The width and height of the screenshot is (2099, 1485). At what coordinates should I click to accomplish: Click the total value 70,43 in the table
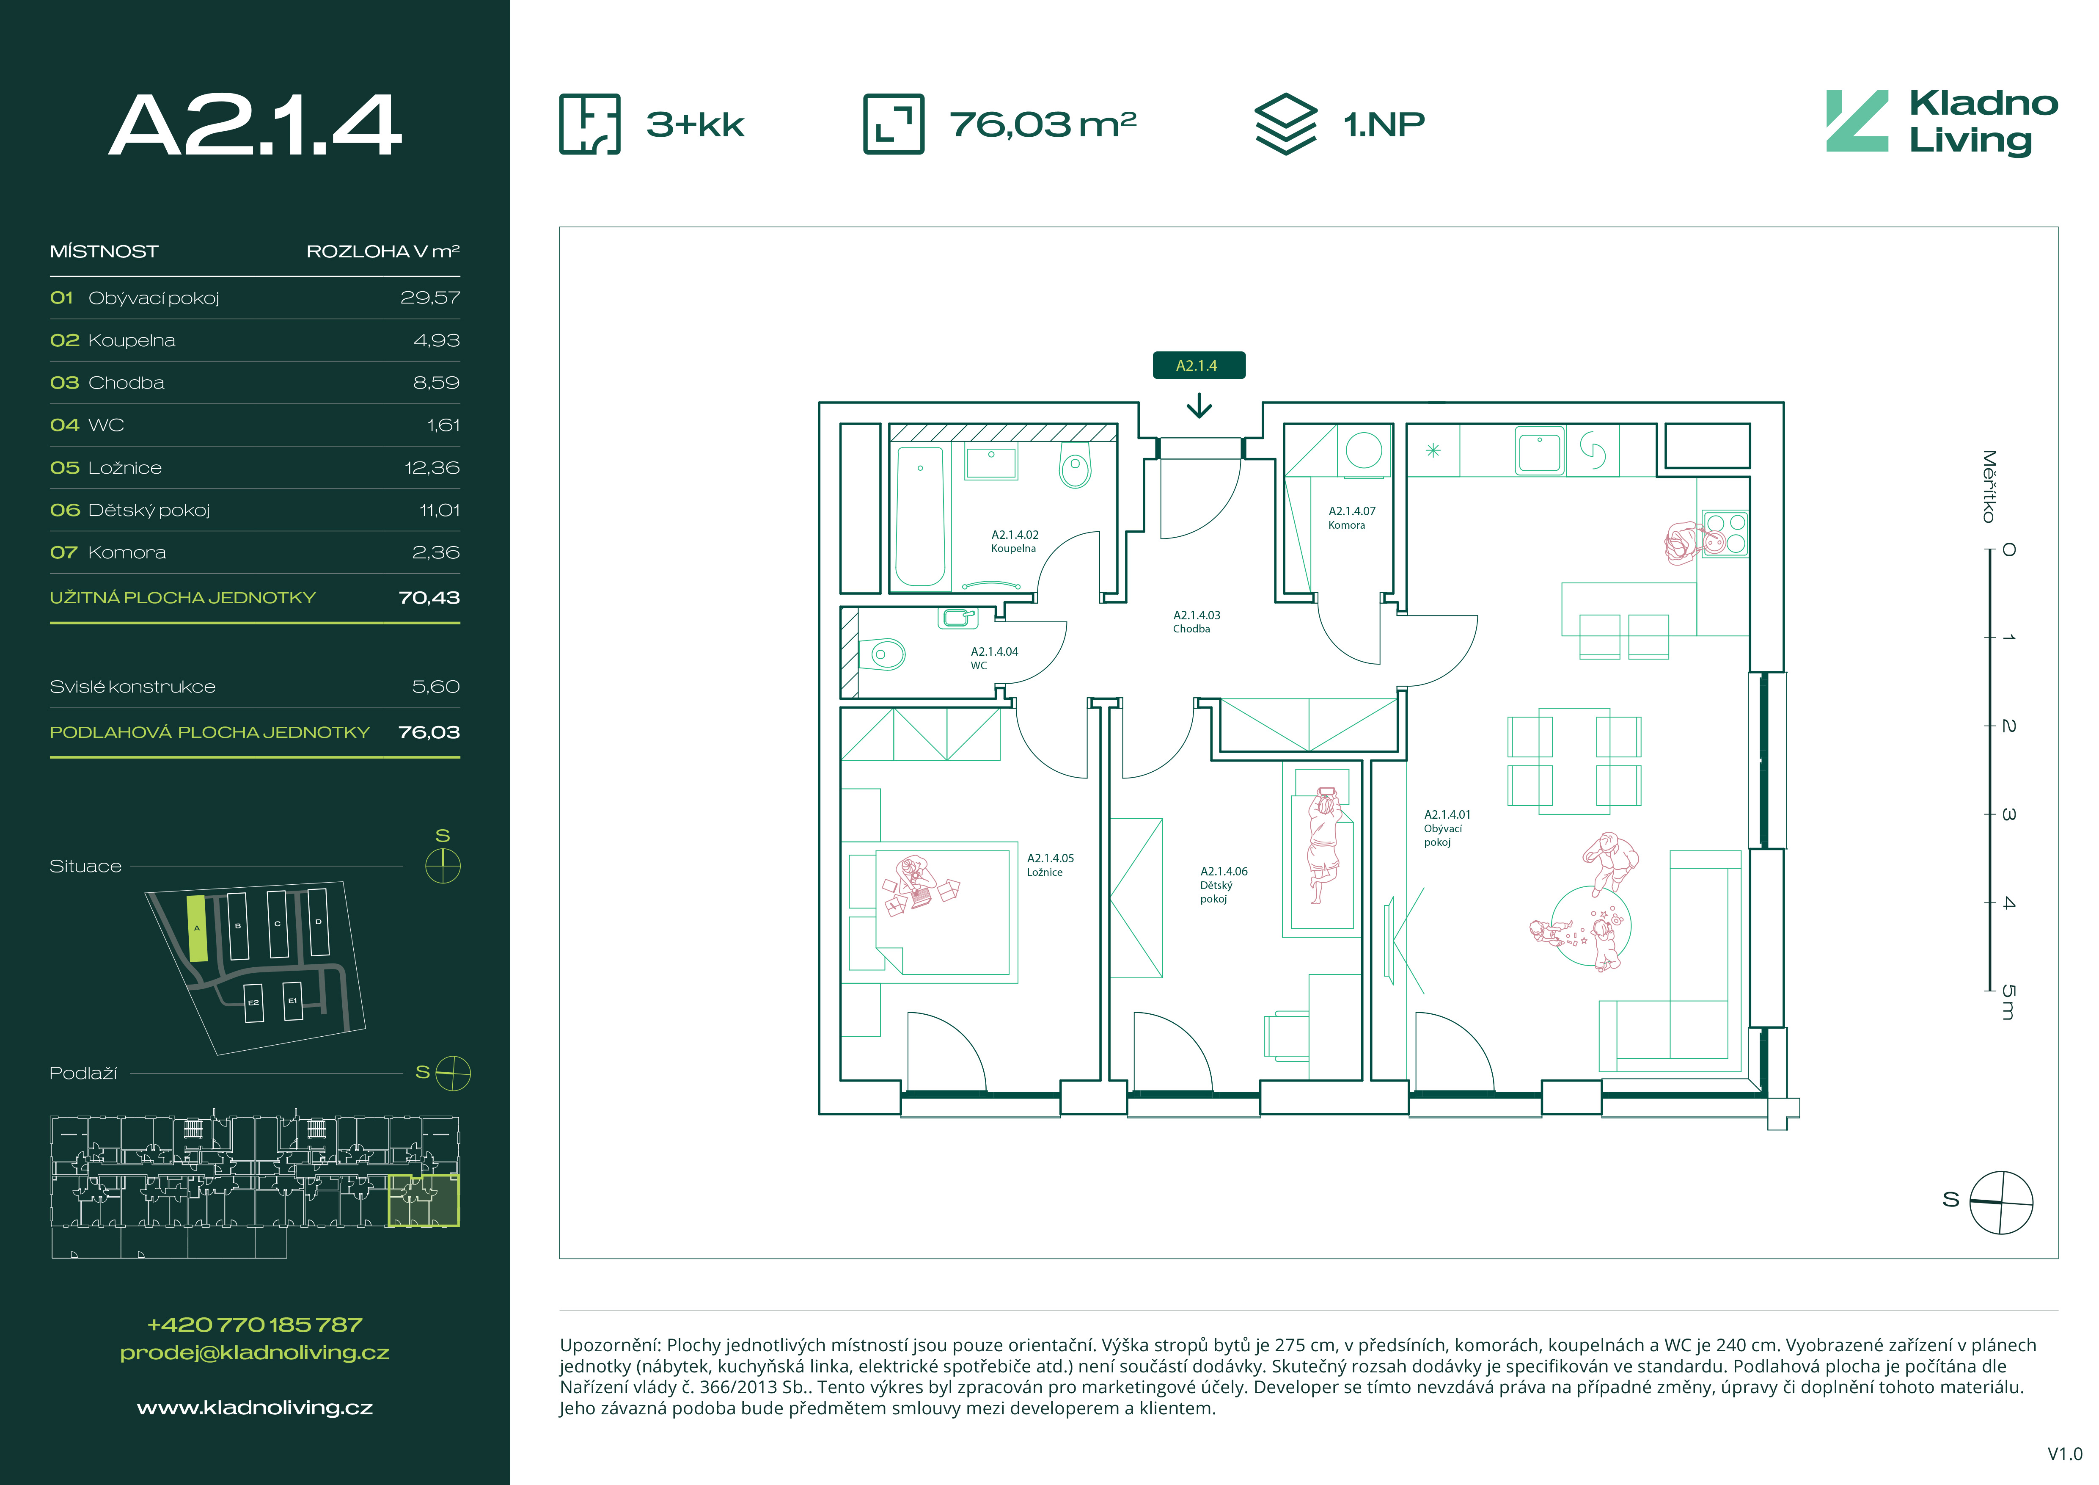click(429, 597)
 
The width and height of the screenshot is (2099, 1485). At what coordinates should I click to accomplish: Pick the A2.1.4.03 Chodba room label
click(1197, 622)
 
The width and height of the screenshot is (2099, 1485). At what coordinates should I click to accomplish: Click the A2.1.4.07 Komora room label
click(1351, 518)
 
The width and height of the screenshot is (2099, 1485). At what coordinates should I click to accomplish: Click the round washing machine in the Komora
click(1364, 450)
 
